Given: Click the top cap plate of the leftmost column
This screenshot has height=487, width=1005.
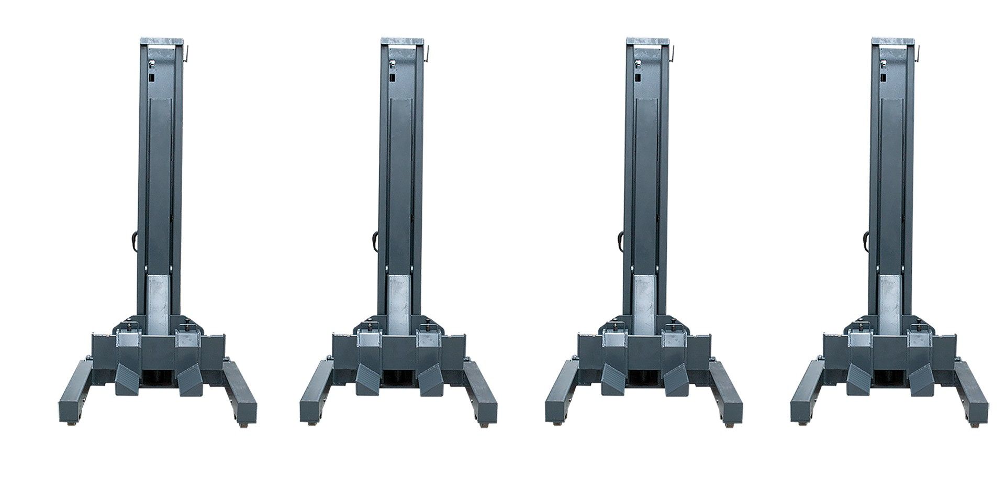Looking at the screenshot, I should click(x=162, y=41).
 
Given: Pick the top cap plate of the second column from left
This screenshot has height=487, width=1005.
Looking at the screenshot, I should click(x=402, y=41).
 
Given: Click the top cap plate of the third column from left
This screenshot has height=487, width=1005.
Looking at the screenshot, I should click(x=647, y=41).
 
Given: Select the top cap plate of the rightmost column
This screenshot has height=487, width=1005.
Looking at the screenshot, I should click(x=892, y=41).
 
